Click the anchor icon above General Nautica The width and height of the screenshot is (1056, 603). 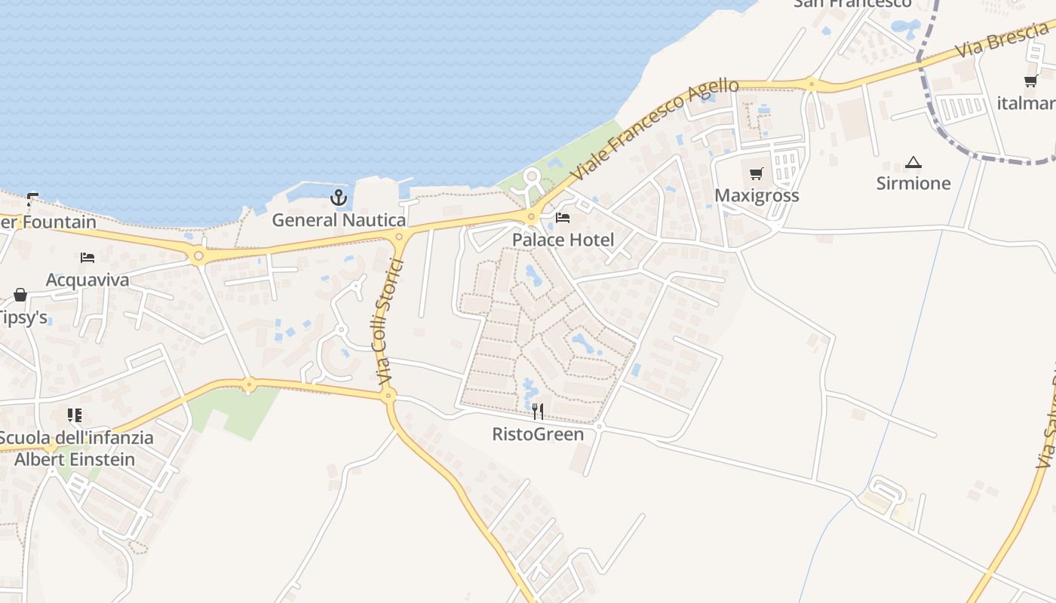point(339,198)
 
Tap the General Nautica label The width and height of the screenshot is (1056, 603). point(339,220)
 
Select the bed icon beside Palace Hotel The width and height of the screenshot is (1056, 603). point(563,218)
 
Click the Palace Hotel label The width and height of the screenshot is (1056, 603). point(563,240)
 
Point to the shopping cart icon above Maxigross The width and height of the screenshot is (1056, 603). point(757,174)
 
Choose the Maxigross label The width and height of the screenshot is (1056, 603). point(757,195)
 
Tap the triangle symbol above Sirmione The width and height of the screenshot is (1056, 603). point(913,162)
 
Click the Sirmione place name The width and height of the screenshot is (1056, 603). point(913,183)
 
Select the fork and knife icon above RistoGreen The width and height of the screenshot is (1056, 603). point(538,412)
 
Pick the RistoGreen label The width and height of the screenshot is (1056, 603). point(538,434)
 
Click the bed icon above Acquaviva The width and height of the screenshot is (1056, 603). point(87,258)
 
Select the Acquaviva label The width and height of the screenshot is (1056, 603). point(87,280)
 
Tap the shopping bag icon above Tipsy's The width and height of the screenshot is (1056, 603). point(20,295)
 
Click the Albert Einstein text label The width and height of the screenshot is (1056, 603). point(75,459)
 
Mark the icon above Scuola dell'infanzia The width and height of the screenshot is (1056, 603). point(75,415)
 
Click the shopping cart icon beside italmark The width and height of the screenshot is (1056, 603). point(1031,81)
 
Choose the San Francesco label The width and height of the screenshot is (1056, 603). point(852,4)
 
